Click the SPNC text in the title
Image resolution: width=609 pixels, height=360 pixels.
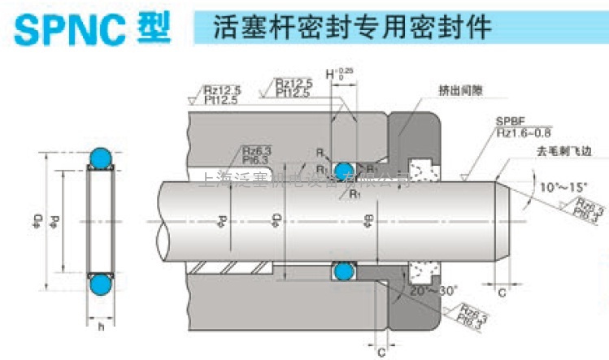[x=65, y=27]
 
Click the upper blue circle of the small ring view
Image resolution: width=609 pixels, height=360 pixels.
[x=100, y=158]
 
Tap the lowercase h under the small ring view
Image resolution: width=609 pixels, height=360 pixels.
[x=100, y=327]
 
